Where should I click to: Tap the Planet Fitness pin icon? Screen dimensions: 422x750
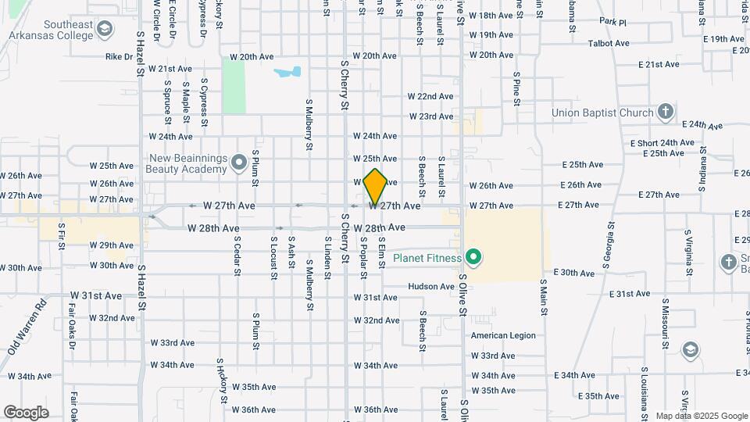pyautogui.click(x=472, y=257)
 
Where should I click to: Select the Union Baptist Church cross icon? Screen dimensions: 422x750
pyautogui.click(x=665, y=112)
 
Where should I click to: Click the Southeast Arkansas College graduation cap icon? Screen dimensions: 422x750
pyautogui.click(x=104, y=30)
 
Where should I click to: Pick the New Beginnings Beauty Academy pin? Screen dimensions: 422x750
pyautogui.click(x=239, y=164)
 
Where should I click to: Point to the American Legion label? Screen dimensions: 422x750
pyautogui.click(x=503, y=335)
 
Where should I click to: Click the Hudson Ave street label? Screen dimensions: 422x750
pyautogui.click(x=430, y=287)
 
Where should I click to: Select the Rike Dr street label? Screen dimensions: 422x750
pyautogui.click(x=119, y=56)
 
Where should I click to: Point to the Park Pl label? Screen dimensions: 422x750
pyautogui.click(x=613, y=22)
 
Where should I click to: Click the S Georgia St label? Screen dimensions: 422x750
pyautogui.click(x=609, y=245)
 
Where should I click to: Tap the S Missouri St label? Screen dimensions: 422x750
pyautogui.click(x=666, y=323)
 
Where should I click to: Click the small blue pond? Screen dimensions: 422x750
pyautogui.click(x=287, y=73)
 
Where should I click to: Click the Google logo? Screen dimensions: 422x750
pyautogui.click(x=26, y=412)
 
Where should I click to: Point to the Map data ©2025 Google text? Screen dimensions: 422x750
pyautogui.click(x=701, y=416)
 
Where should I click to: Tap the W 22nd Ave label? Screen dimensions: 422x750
pyautogui.click(x=430, y=96)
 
